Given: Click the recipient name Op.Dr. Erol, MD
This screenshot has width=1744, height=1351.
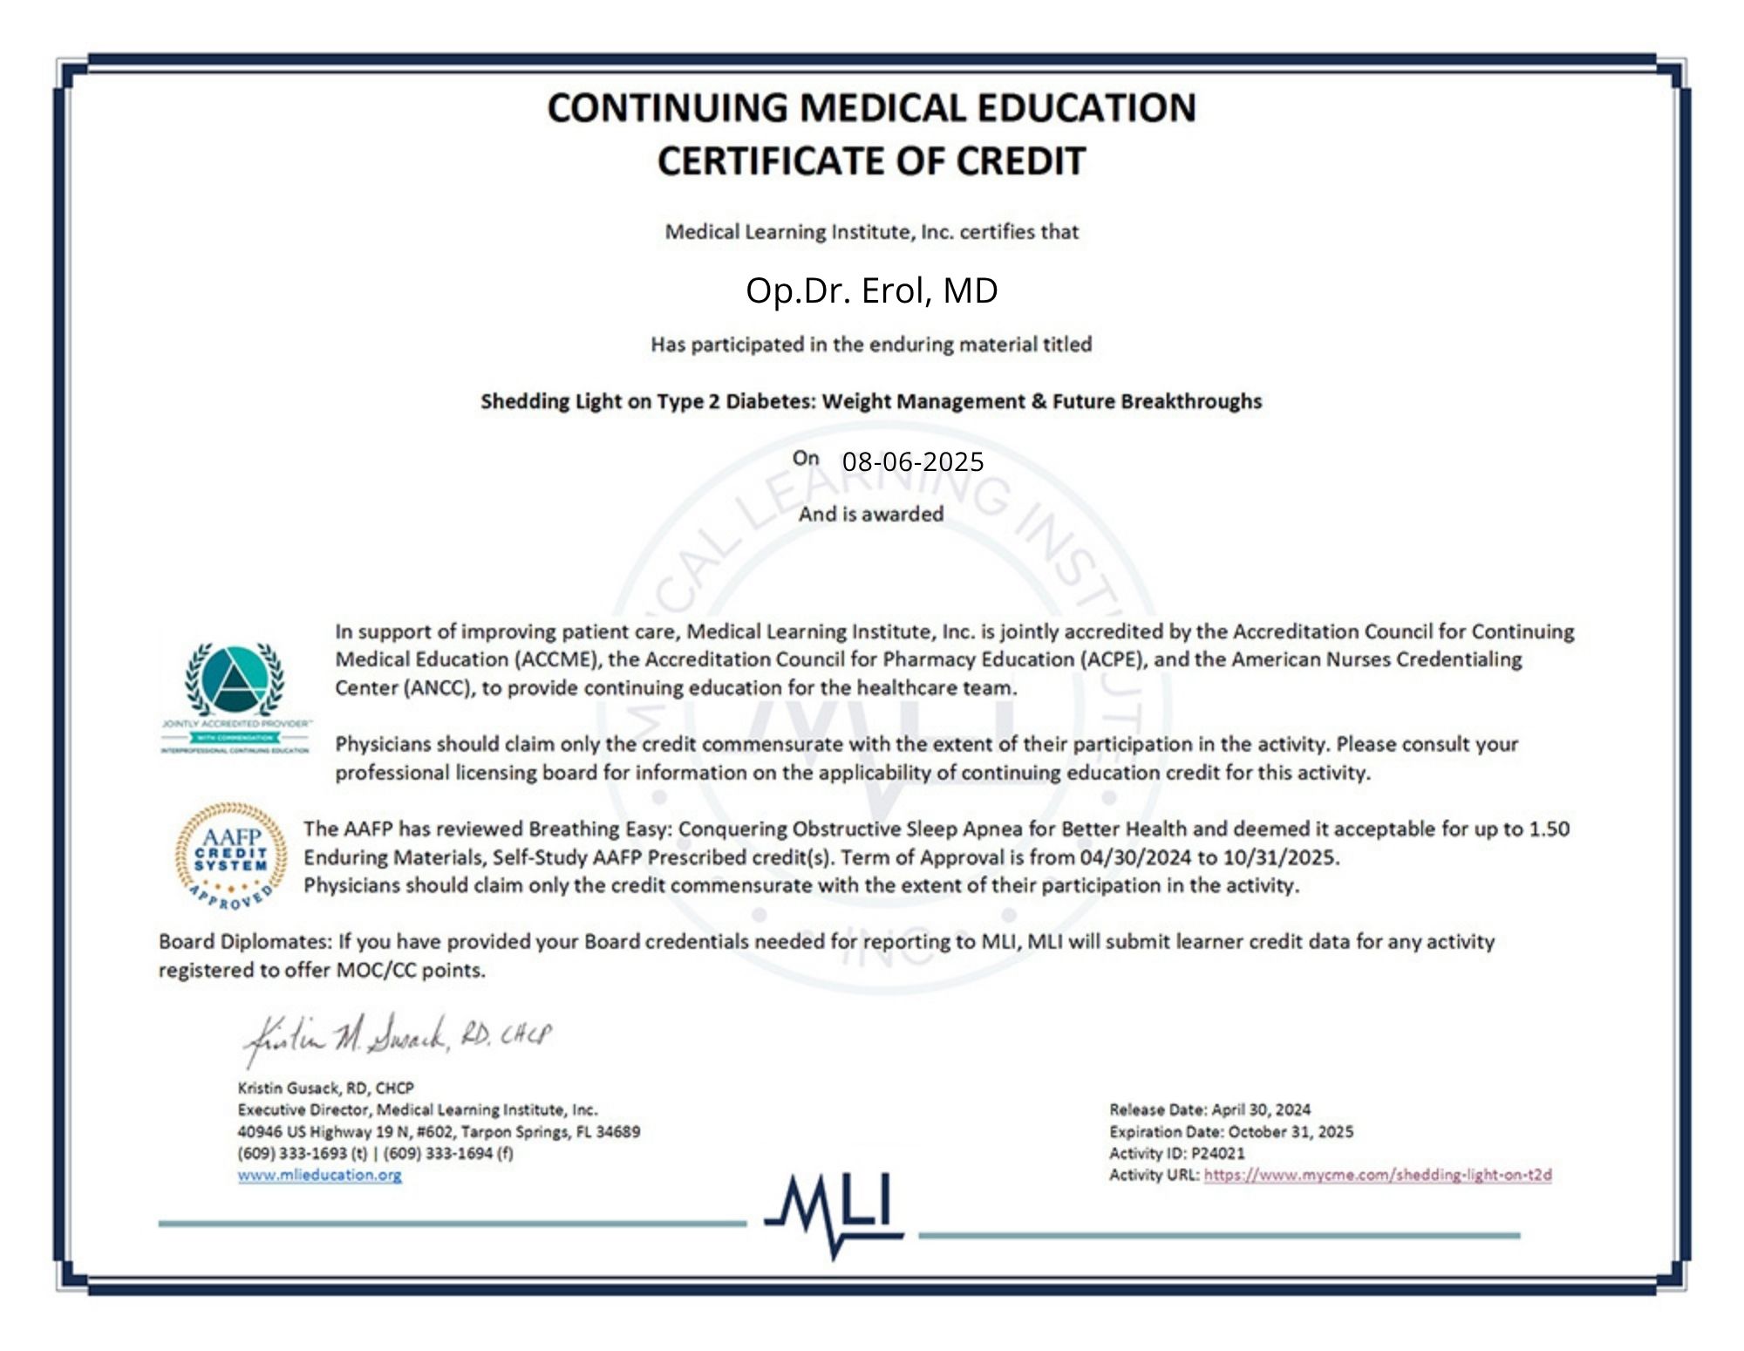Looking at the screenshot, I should tap(871, 290).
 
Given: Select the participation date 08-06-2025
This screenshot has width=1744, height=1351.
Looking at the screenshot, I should tap(912, 461).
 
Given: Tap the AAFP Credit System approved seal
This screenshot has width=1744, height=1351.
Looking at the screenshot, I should tap(231, 855).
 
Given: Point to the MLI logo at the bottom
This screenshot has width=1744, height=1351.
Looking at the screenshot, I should tap(835, 1212).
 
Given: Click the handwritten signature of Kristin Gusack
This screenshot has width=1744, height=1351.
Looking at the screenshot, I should tap(397, 1038).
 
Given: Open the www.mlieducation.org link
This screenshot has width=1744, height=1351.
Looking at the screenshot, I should tap(319, 1175).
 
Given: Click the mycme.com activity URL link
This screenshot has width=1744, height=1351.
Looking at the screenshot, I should tap(1378, 1175).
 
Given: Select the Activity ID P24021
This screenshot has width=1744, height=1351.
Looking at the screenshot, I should tap(1218, 1153).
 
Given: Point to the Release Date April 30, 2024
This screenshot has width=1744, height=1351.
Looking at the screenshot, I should tap(1261, 1109).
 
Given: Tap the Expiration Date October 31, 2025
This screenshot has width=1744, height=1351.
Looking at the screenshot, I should tap(1291, 1131).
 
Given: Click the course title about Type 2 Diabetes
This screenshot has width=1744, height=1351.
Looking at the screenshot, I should tap(871, 401).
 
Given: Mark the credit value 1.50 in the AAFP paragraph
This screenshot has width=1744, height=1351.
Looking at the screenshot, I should tap(1549, 829).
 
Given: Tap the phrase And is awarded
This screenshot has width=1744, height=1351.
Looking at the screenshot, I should tap(871, 514).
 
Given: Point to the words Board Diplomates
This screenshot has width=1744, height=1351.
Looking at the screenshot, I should tap(244, 942).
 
